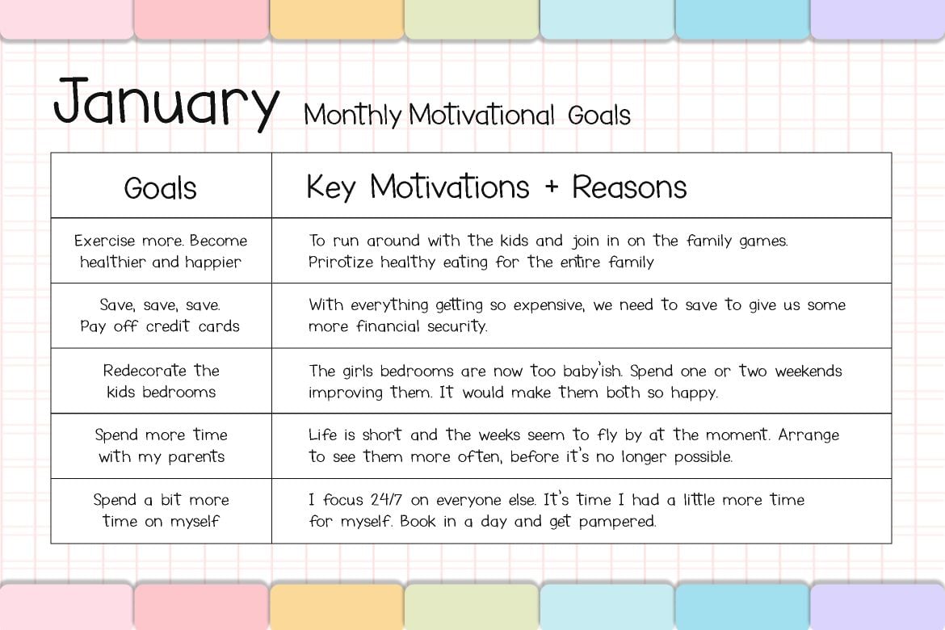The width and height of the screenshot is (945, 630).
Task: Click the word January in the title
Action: (166, 103)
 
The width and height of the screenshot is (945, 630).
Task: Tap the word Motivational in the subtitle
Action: (481, 115)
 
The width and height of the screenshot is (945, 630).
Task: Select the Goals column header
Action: (160, 188)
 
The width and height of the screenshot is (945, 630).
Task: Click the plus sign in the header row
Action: (551, 187)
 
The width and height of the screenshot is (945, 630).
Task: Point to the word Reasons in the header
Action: (629, 187)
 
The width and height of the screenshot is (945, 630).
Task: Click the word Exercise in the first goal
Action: (104, 241)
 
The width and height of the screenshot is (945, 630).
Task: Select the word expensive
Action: (548, 305)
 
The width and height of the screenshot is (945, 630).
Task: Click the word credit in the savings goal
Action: (168, 326)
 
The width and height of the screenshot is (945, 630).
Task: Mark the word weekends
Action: (808, 371)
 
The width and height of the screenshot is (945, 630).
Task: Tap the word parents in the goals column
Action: (196, 457)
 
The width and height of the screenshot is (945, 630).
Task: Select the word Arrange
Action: (808, 435)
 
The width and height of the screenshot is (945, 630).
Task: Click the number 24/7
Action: (386, 499)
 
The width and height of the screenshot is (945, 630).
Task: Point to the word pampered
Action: (617, 522)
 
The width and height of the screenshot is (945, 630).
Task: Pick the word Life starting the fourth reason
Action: (322, 435)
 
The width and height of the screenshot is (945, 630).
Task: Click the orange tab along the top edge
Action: (337, 19)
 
